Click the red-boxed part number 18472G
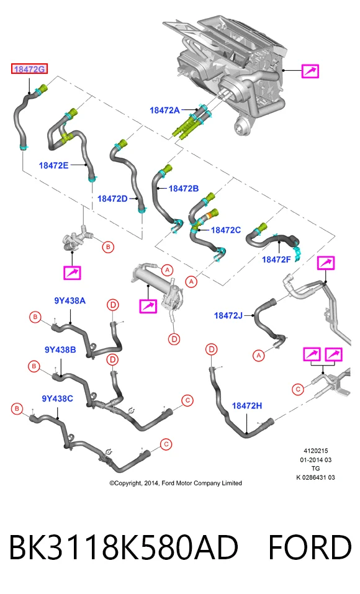pyautogui.click(x=29, y=69)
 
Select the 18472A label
pyautogui.click(x=164, y=110)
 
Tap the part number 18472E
pyautogui.click(x=53, y=165)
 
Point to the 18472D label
pyautogui.click(x=112, y=199)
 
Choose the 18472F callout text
pyautogui.click(x=277, y=259)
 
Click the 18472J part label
pyautogui.click(x=228, y=315)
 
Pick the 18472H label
pyautogui.click(x=246, y=406)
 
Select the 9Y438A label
pyautogui.click(x=70, y=301)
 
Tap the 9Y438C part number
pyautogui.click(x=57, y=398)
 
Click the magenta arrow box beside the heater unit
pyautogui.click(x=310, y=71)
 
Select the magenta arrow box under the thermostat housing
pyautogui.click(x=72, y=272)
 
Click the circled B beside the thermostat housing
pyautogui.click(x=109, y=247)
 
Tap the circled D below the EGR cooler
pyautogui.click(x=174, y=339)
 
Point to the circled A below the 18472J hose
pyautogui.click(x=259, y=355)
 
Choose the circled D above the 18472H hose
pyautogui.click(x=212, y=349)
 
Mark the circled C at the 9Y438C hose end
pyautogui.click(x=166, y=444)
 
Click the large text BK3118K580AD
pyautogui.click(x=124, y=548)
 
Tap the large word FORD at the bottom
pyautogui.click(x=310, y=548)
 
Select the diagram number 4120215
pyautogui.click(x=316, y=451)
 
